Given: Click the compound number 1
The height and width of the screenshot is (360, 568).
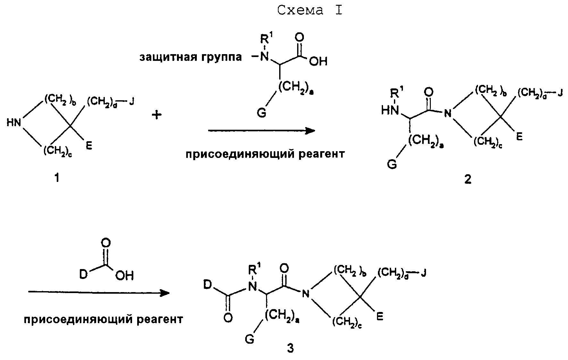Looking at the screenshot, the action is coord(57,177).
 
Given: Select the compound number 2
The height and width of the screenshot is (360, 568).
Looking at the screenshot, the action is coord(468,180).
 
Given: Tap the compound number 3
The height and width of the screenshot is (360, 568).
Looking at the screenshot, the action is coord(290,348).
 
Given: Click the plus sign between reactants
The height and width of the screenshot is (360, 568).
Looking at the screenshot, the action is coord(157,115).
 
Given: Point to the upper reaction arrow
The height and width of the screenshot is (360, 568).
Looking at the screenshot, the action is coord(262,131).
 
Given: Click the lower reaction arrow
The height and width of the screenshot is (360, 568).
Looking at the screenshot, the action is coord(99,292).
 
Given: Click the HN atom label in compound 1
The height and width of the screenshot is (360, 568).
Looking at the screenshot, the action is coord(14,123).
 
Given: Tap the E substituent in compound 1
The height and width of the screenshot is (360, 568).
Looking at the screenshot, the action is coord(89,146).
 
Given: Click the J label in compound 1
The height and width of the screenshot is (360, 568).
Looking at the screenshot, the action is coord(131,102).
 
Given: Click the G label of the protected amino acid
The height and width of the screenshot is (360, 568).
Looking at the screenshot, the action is coord(262,113).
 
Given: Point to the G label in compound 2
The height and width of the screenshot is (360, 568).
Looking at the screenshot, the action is coord(392,164).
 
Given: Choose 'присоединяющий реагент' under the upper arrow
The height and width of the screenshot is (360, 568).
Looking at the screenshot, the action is coord(265,154).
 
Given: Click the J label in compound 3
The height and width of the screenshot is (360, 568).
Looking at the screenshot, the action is coord(423,274).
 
